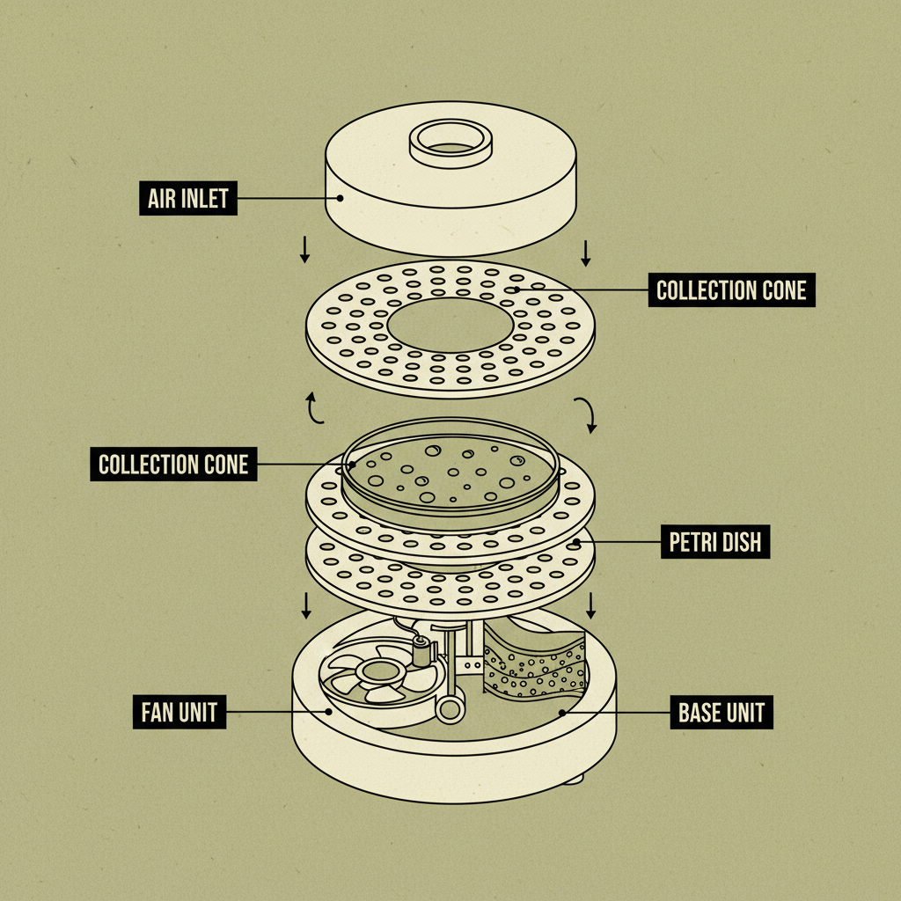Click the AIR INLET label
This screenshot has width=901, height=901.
click(188, 198)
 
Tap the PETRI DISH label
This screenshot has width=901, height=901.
click(714, 541)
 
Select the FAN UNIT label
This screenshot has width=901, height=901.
click(179, 712)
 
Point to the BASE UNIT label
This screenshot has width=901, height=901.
click(722, 712)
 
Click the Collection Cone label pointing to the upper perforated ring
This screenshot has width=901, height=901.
click(731, 289)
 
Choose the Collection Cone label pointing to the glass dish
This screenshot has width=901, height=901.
click(173, 464)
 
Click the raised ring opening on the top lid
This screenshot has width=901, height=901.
click(450, 143)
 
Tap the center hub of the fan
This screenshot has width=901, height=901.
click(377, 670)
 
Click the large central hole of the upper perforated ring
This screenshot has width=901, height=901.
click(450, 325)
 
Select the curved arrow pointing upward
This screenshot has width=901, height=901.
click(314, 408)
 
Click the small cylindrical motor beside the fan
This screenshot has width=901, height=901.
click(422, 652)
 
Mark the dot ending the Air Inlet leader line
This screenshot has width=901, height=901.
click(341, 198)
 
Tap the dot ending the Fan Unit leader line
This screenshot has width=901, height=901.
click(329, 711)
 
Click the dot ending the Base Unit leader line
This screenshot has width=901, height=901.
click(562, 713)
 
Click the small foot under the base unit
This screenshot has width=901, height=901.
click(574, 780)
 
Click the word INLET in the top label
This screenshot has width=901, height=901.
click(204, 198)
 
